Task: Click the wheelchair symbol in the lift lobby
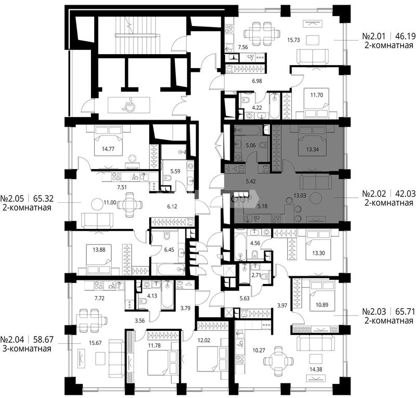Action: coord(128,104)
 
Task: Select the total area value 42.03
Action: coord(406,194)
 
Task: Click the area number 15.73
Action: coord(293,40)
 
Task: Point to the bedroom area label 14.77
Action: coord(108,149)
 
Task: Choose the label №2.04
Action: coord(12,339)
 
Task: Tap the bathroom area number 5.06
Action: coord(251,145)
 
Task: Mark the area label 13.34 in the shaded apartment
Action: coord(313,149)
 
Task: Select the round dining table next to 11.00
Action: coord(129,204)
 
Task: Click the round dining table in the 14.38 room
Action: coord(279,361)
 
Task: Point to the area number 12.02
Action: coord(204,340)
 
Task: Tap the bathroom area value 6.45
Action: coord(169,250)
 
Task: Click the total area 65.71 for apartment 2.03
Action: coord(406,311)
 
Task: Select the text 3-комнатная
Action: coord(27,348)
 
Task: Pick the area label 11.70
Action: coord(317,95)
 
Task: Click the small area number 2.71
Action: coord(256,275)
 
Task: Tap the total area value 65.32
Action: coord(44,198)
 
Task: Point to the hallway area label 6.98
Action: coord(257,81)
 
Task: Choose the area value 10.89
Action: coord(321,305)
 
